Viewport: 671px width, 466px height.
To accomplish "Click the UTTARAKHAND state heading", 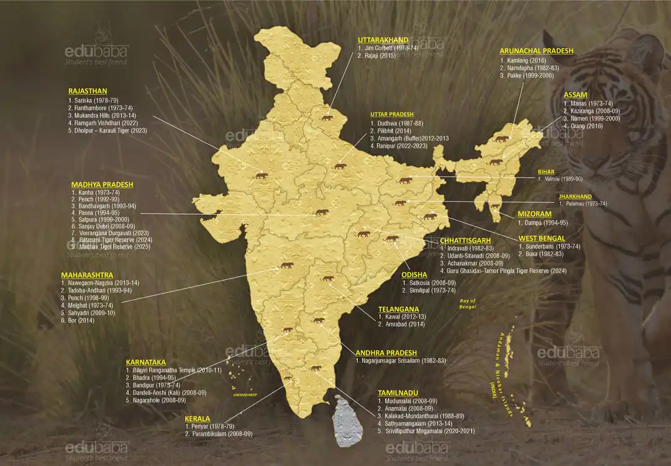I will point(383,39).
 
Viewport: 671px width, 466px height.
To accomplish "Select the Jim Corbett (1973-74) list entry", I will point(389,48).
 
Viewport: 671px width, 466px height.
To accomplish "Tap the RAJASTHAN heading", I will point(88,91).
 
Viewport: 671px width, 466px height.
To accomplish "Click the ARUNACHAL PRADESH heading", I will point(536,51).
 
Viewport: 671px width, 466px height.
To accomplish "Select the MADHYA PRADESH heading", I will point(102,184).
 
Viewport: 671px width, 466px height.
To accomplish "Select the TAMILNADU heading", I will point(398,393).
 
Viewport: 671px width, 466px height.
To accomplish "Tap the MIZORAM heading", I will point(534,214).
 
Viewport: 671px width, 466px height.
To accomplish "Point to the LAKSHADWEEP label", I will point(244,394).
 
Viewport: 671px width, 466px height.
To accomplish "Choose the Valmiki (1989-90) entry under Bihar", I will point(563,179).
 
